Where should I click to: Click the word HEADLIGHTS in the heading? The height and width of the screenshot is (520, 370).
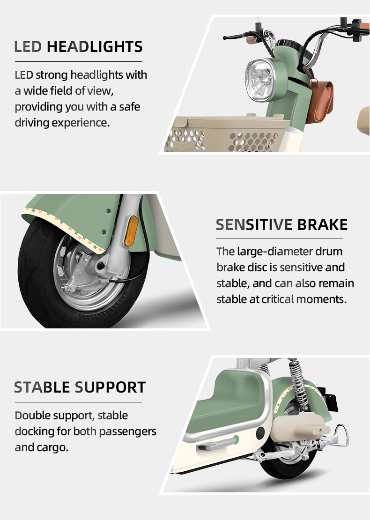[x=95, y=47]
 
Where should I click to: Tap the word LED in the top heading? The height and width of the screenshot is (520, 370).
[x=29, y=47]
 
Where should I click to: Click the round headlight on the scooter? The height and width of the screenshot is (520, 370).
[x=260, y=79]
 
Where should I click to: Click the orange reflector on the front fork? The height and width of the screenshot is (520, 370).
[x=131, y=231]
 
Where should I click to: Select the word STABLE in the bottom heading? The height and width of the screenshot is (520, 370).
[x=42, y=387]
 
